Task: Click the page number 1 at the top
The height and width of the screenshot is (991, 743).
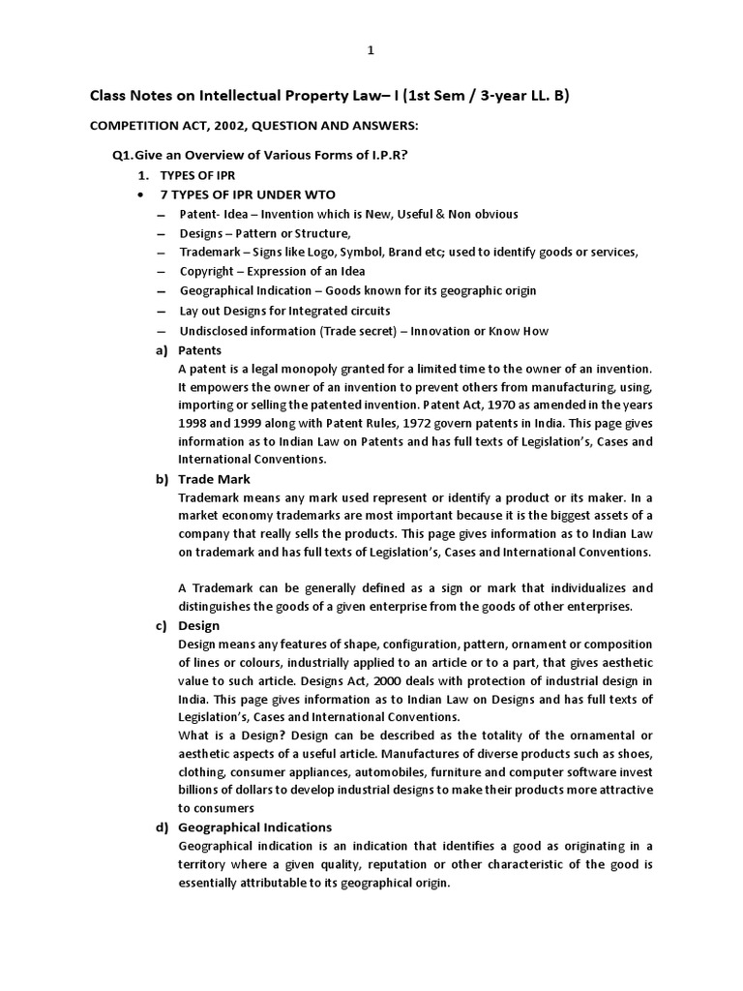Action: pyautogui.click(x=371, y=50)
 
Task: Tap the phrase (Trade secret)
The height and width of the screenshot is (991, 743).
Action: pyautogui.click(x=363, y=331)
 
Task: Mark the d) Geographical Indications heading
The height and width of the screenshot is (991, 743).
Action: pyautogui.click(x=254, y=827)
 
